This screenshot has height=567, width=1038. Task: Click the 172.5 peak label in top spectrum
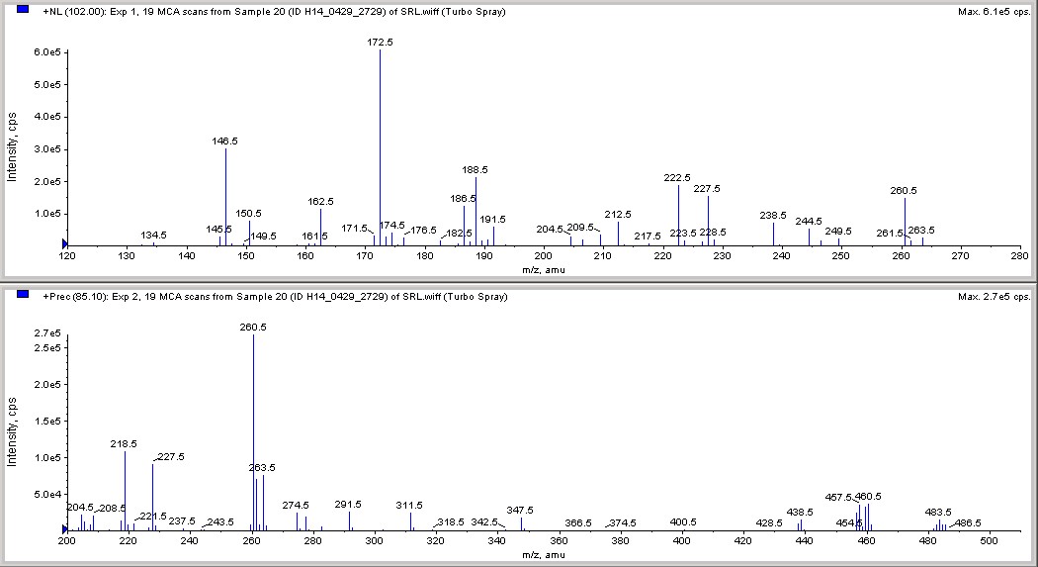tap(380, 43)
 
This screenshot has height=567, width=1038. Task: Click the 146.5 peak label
tap(225, 142)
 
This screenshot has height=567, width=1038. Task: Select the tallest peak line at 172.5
tap(381, 148)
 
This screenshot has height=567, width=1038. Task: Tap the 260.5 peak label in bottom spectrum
tap(253, 327)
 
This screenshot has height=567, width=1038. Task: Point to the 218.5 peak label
tap(124, 444)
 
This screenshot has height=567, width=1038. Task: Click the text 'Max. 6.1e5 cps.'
tap(994, 11)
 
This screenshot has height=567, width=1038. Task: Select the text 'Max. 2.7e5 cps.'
tap(994, 296)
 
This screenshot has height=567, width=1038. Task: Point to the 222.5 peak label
tap(678, 178)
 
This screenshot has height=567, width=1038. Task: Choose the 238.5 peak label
tap(773, 215)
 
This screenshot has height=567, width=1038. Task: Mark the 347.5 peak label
tap(520, 510)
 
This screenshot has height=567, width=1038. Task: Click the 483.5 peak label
tap(938, 512)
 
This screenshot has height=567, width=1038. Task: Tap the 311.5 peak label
tap(409, 506)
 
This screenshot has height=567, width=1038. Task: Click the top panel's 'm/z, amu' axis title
tap(541, 269)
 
